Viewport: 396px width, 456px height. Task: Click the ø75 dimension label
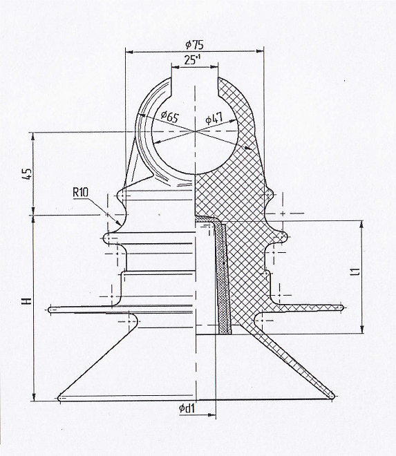(x=195, y=44)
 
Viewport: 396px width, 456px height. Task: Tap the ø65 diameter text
(x=170, y=117)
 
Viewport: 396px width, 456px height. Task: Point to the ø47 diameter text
(x=214, y=118)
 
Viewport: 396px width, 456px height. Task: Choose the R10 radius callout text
(x=81, y=192)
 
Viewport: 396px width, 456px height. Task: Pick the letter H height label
(x=28, y=301)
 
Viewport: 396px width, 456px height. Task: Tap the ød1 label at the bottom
(x=187, y=408)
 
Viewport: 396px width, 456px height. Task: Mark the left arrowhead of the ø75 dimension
(x=129, y=53)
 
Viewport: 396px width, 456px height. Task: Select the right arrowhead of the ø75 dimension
(x=260, y=51)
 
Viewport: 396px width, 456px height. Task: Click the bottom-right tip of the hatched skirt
(x=333, y=396)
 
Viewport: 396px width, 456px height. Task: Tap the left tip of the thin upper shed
(x=50, y=310)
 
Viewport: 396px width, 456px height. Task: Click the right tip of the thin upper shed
(x=343, y=307)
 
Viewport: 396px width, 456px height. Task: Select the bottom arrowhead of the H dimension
(x=34, y=397)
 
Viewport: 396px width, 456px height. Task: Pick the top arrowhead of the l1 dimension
(x=361, y=225)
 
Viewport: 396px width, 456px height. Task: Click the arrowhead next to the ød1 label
(x=212, y=415)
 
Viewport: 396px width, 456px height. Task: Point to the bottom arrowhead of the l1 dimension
(x=361, y=329)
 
